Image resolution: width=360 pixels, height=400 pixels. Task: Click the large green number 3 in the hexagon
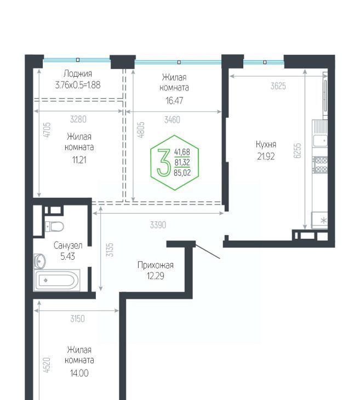point(163,163)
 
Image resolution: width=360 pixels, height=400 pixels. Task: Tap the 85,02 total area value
point(182,173)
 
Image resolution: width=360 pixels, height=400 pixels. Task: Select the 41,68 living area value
point(182,152)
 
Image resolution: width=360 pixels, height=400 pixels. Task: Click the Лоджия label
point(78,74)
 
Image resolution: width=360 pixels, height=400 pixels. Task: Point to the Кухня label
point(266,145)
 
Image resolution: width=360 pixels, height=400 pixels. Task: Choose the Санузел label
point(68,245)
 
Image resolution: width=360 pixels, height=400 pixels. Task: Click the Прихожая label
point(156,265)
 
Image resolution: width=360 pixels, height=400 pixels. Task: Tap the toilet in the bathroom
point(54,226)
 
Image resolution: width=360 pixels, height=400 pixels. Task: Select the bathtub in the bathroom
point(57,280)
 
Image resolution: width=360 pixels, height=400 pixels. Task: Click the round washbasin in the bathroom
point(40,261)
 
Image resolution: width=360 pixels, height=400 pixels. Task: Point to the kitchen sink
point(320,140)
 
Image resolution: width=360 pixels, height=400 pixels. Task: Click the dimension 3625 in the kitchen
point(278,86)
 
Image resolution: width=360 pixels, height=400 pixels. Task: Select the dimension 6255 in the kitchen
point(298,151)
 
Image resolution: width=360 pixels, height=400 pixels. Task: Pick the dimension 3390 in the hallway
point(158,225)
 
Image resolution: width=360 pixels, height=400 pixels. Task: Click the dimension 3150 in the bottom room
point(77,318)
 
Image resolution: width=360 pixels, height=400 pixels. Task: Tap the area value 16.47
point(174,101)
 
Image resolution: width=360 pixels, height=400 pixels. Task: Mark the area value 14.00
point(79,373)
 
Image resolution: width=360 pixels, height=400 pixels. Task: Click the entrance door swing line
point(208,252)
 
